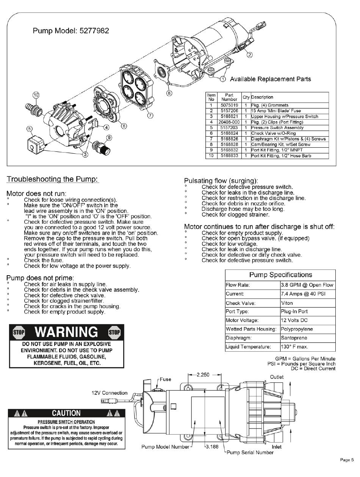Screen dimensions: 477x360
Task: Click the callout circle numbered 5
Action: [x=30, y=129]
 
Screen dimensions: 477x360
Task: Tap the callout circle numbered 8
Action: [x=169, y=92]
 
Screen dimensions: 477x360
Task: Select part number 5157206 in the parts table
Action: [x=229, y=111]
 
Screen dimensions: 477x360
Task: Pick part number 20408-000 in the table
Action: [x=229, y=122]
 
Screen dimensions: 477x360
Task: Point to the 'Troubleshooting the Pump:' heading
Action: [x=53, y=179]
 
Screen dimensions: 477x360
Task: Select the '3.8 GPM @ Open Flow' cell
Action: [x=307, y=285]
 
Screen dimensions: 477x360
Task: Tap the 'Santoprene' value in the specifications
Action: [x=294, y=338]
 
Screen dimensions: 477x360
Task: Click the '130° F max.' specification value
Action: [x=294, y=347]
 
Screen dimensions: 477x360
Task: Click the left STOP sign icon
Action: [x=19, y=332]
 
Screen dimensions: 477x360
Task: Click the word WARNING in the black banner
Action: [x=65, y=332]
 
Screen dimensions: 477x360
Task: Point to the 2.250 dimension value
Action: [x=203, y=375]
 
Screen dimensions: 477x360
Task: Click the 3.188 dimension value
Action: [x=212, y=447]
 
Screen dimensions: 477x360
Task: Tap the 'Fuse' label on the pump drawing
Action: [x=165, y=379]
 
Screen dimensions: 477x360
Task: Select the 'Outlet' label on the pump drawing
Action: [x=277, y=377]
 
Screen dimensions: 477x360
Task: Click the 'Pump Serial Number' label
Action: [x=250, y=452]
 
